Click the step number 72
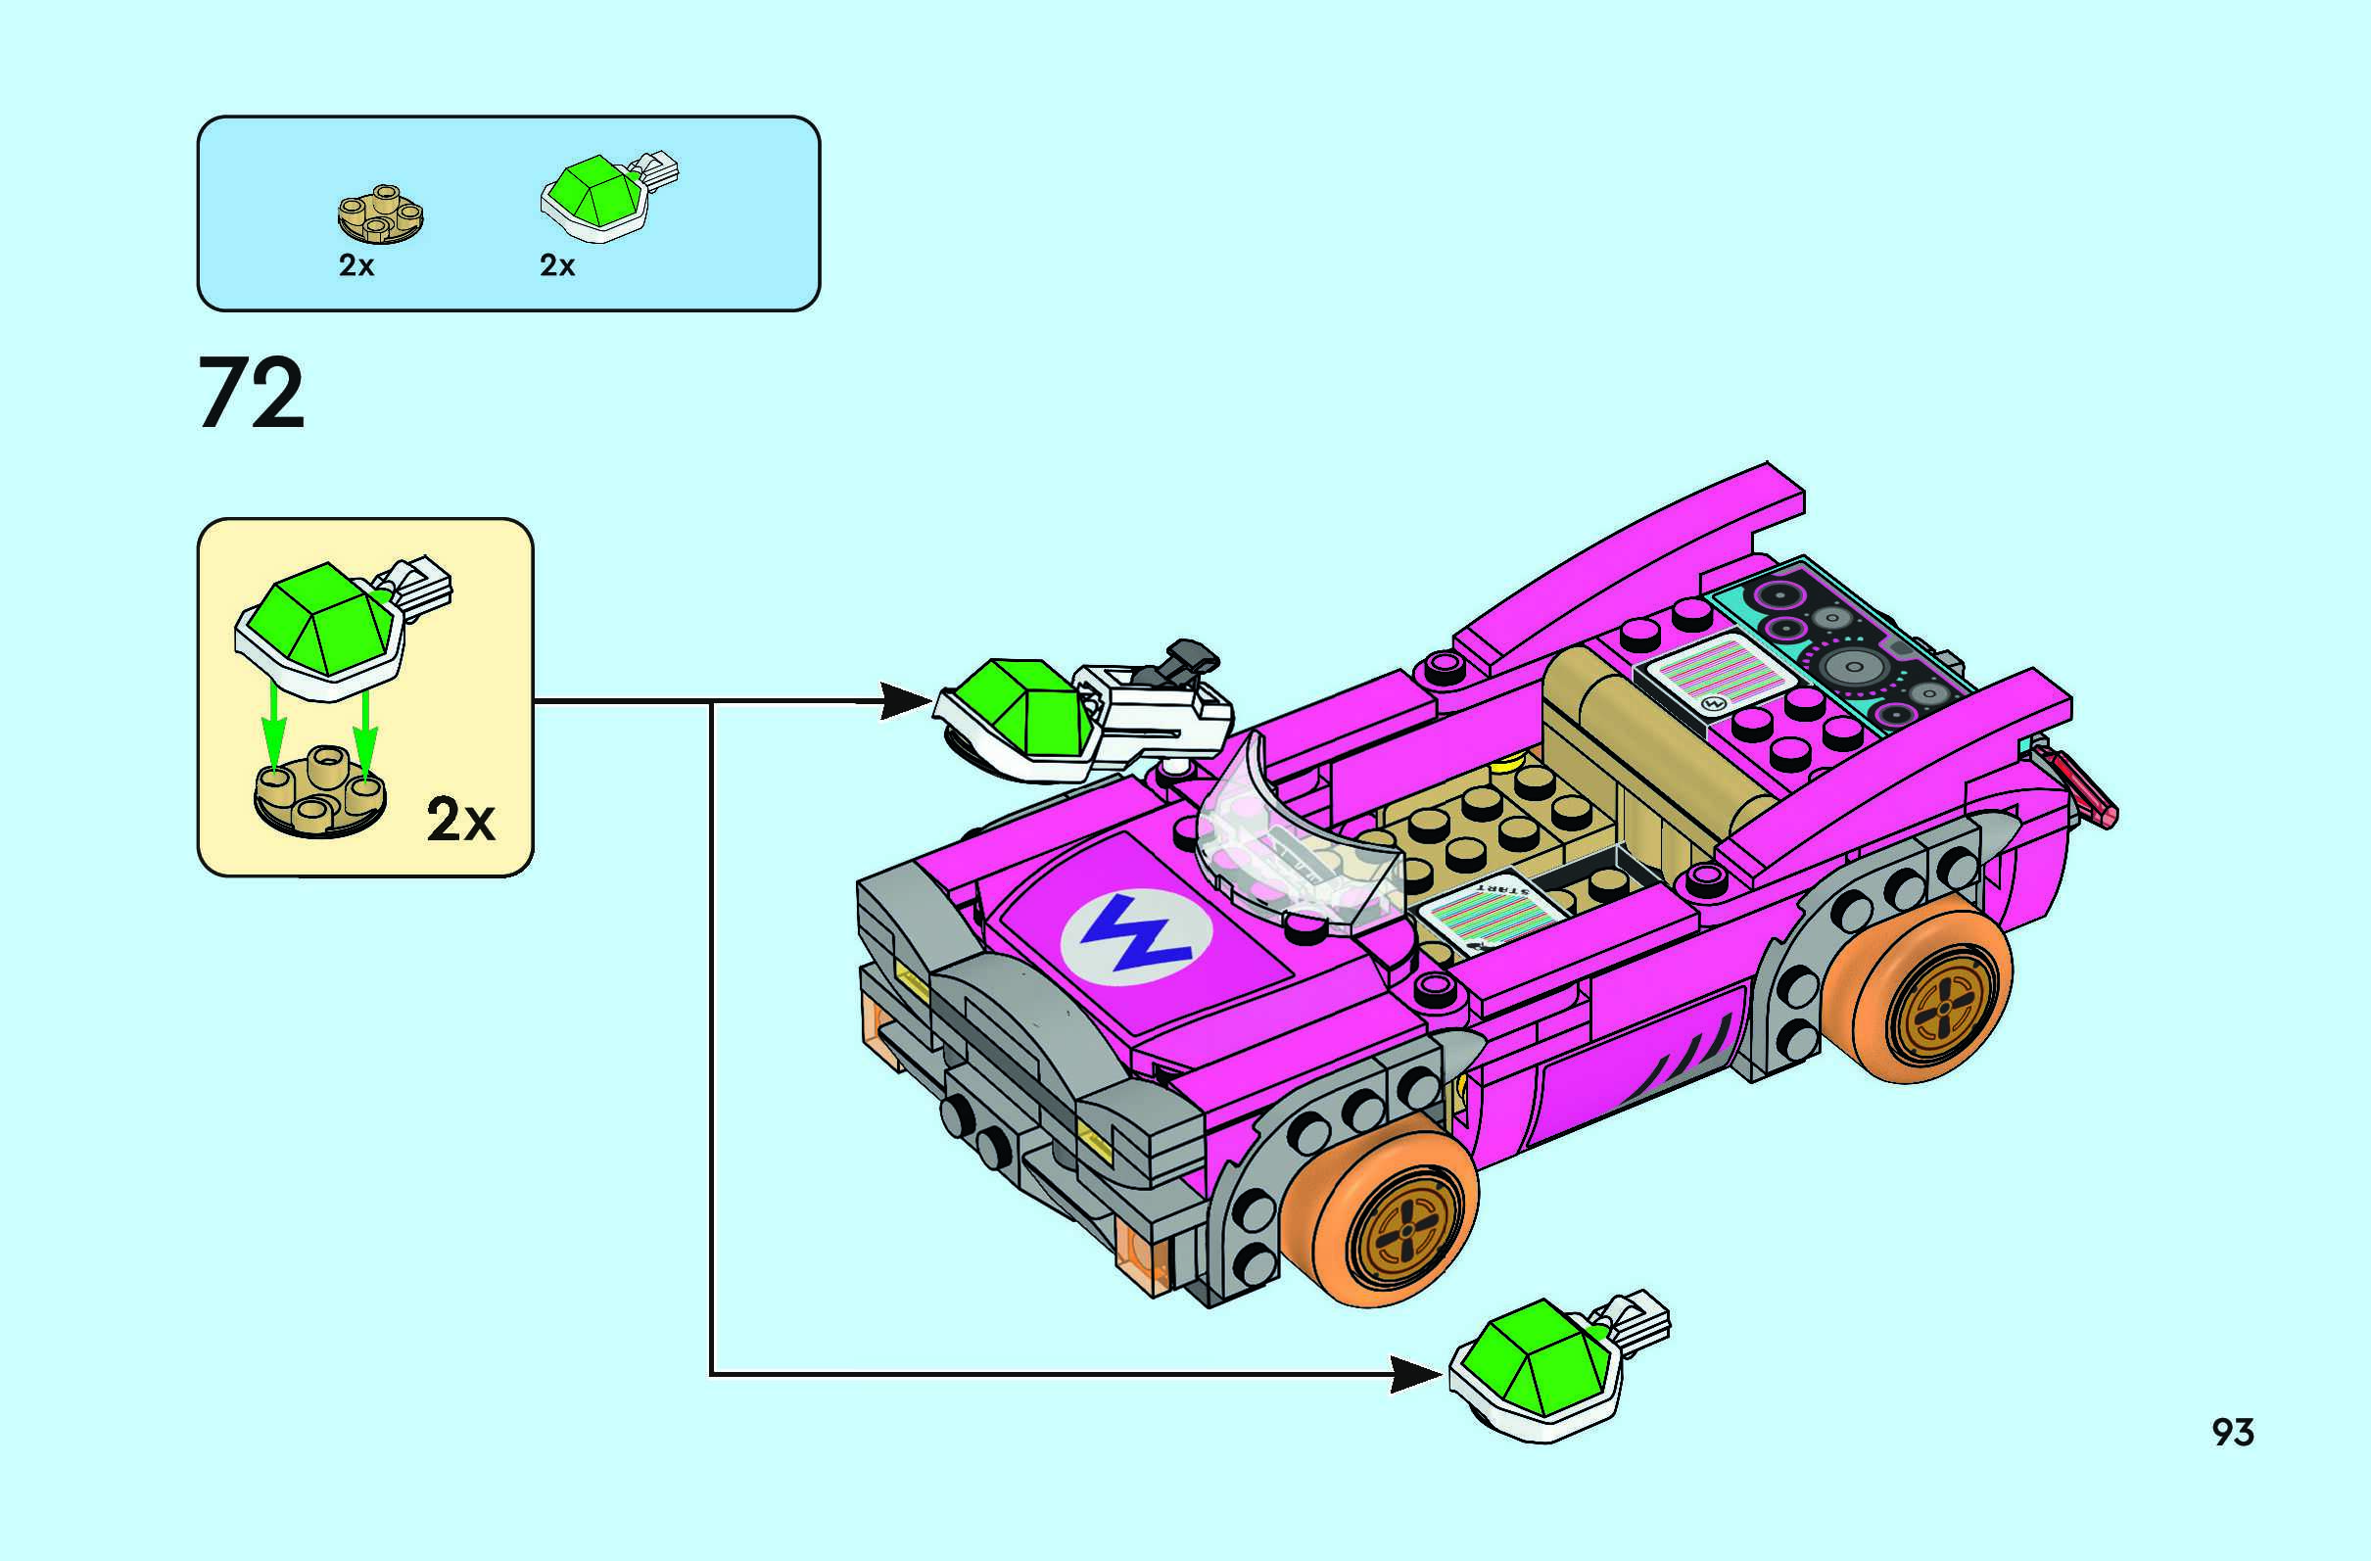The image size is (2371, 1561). point(251,394)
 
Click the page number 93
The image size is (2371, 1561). point(2233,1432)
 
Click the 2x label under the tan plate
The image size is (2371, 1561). point(356,266)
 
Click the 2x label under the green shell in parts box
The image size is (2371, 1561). point(557,266)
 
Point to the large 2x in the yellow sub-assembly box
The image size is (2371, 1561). point(460,821)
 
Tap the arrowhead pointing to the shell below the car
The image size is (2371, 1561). point(1414,1375)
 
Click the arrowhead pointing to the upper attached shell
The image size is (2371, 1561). point(905,700)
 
